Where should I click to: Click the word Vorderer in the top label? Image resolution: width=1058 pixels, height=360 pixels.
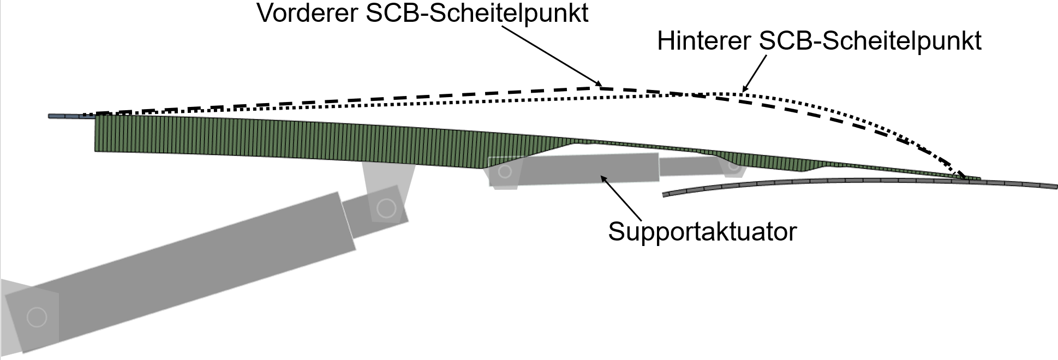(306, 13)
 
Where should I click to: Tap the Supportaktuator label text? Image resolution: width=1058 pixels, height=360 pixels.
(702, 231)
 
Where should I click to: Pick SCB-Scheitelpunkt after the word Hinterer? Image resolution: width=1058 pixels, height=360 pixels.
(870, 41)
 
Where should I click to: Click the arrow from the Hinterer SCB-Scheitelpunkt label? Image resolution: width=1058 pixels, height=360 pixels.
(755, 71)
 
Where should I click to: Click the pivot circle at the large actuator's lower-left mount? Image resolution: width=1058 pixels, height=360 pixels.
(37, 317)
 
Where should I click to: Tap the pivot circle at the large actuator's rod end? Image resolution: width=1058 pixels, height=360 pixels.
(386, 208)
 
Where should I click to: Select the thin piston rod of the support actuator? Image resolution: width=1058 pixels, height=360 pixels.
(690, 166)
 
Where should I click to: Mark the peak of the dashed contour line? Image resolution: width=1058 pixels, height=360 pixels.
(600, 87)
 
